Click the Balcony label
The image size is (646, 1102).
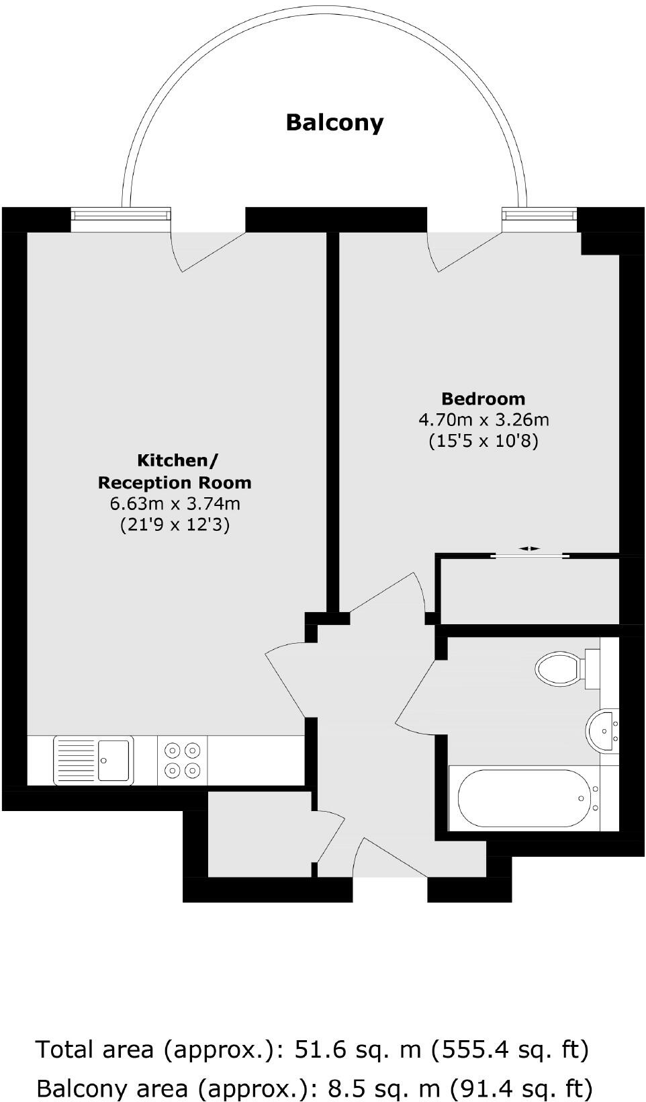coord(334,122)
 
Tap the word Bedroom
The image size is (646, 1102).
coord(483,398)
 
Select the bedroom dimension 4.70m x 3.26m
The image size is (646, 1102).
coord(483,420)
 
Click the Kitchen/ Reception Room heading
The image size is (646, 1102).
coord(175,471)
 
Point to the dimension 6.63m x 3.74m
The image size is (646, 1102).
coord(175,503)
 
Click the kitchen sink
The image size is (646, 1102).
coord(94,760)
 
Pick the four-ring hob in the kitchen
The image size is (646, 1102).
coord(183,760)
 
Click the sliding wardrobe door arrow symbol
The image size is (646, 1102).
coord(530,549)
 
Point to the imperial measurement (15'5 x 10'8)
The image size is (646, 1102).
coord(483,441)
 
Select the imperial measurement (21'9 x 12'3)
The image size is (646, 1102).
coord(175,525)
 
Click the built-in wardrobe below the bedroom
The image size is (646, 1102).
coord(530,590)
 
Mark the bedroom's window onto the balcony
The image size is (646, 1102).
coord(539,214)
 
